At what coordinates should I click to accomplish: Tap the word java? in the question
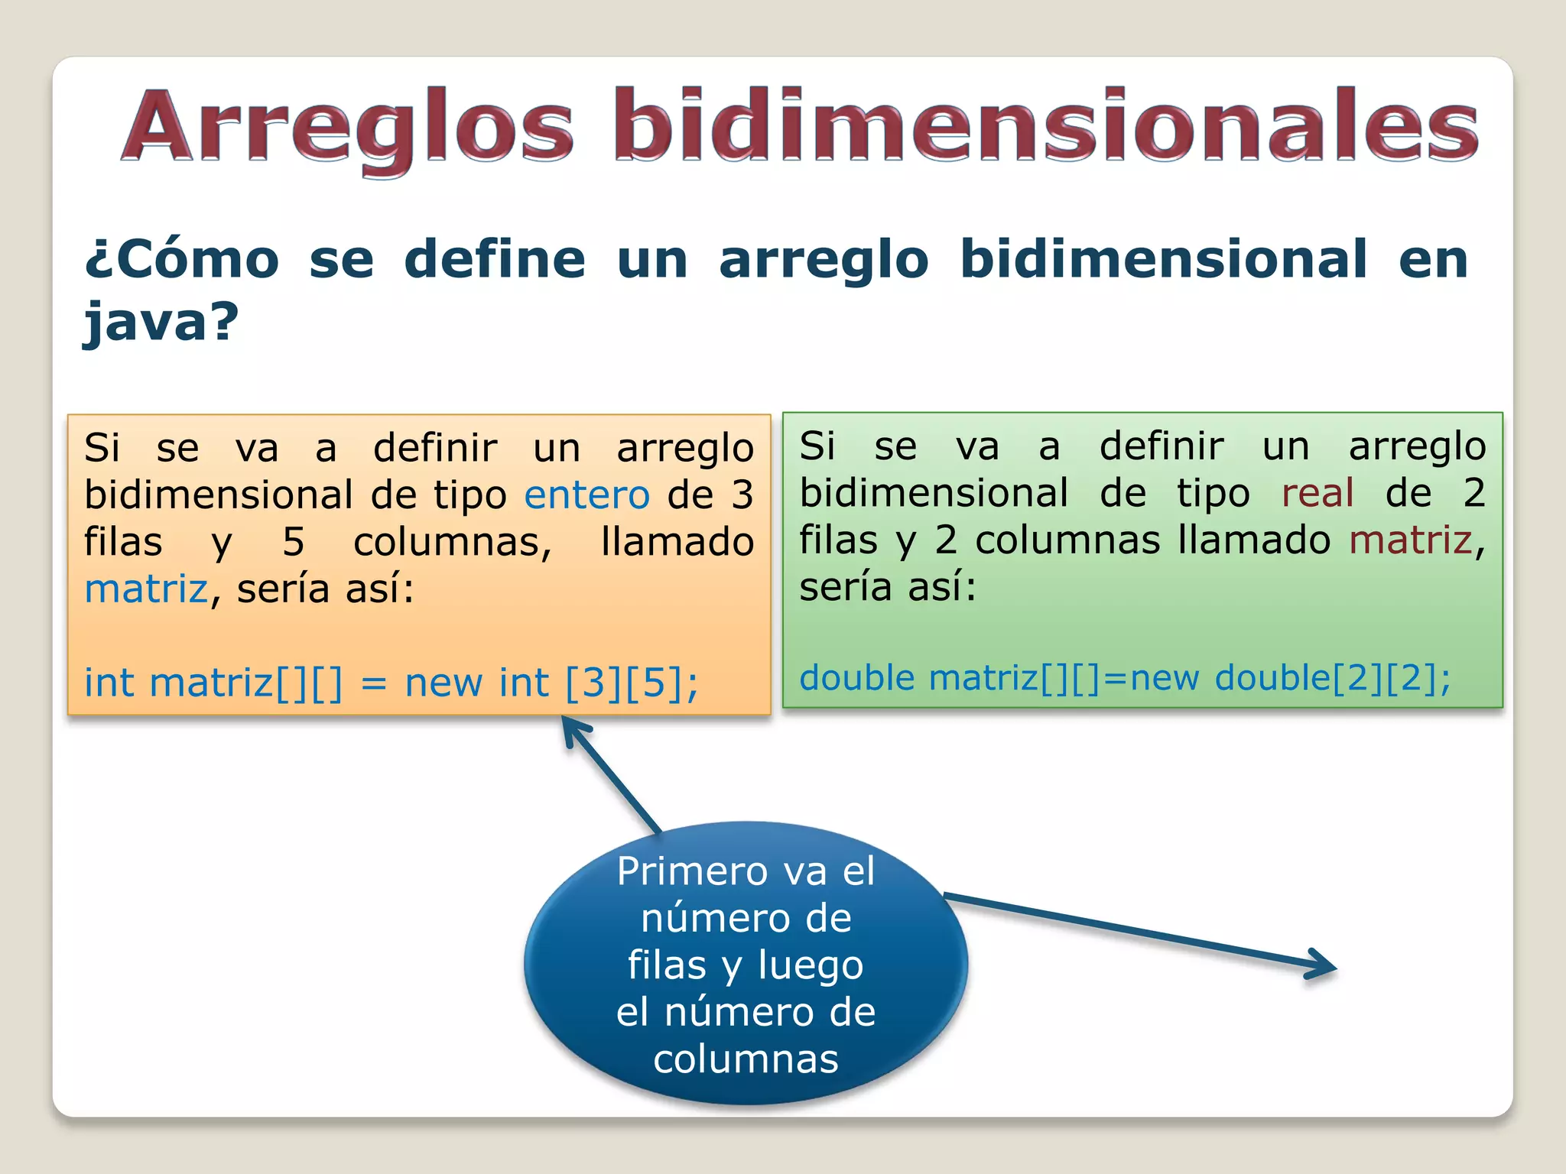(161, 322)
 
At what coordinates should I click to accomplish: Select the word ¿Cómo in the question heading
(182, 260)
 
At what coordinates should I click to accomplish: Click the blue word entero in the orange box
(586, 495)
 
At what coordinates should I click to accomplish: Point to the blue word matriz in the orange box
(145, 589)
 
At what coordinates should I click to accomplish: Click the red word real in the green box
(1317, 493)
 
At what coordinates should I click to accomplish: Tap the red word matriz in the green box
(1410, 540)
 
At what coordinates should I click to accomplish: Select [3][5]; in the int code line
(632, 683)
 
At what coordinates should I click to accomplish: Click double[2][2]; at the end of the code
(1332, 678)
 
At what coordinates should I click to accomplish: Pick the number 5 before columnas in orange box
(294, 542)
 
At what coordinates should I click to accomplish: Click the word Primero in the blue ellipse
(693, 871)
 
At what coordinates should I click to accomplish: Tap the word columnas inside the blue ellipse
(746, 1059)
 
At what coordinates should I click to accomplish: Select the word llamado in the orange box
(677, 542)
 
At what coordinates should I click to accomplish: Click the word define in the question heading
(495, 260)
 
